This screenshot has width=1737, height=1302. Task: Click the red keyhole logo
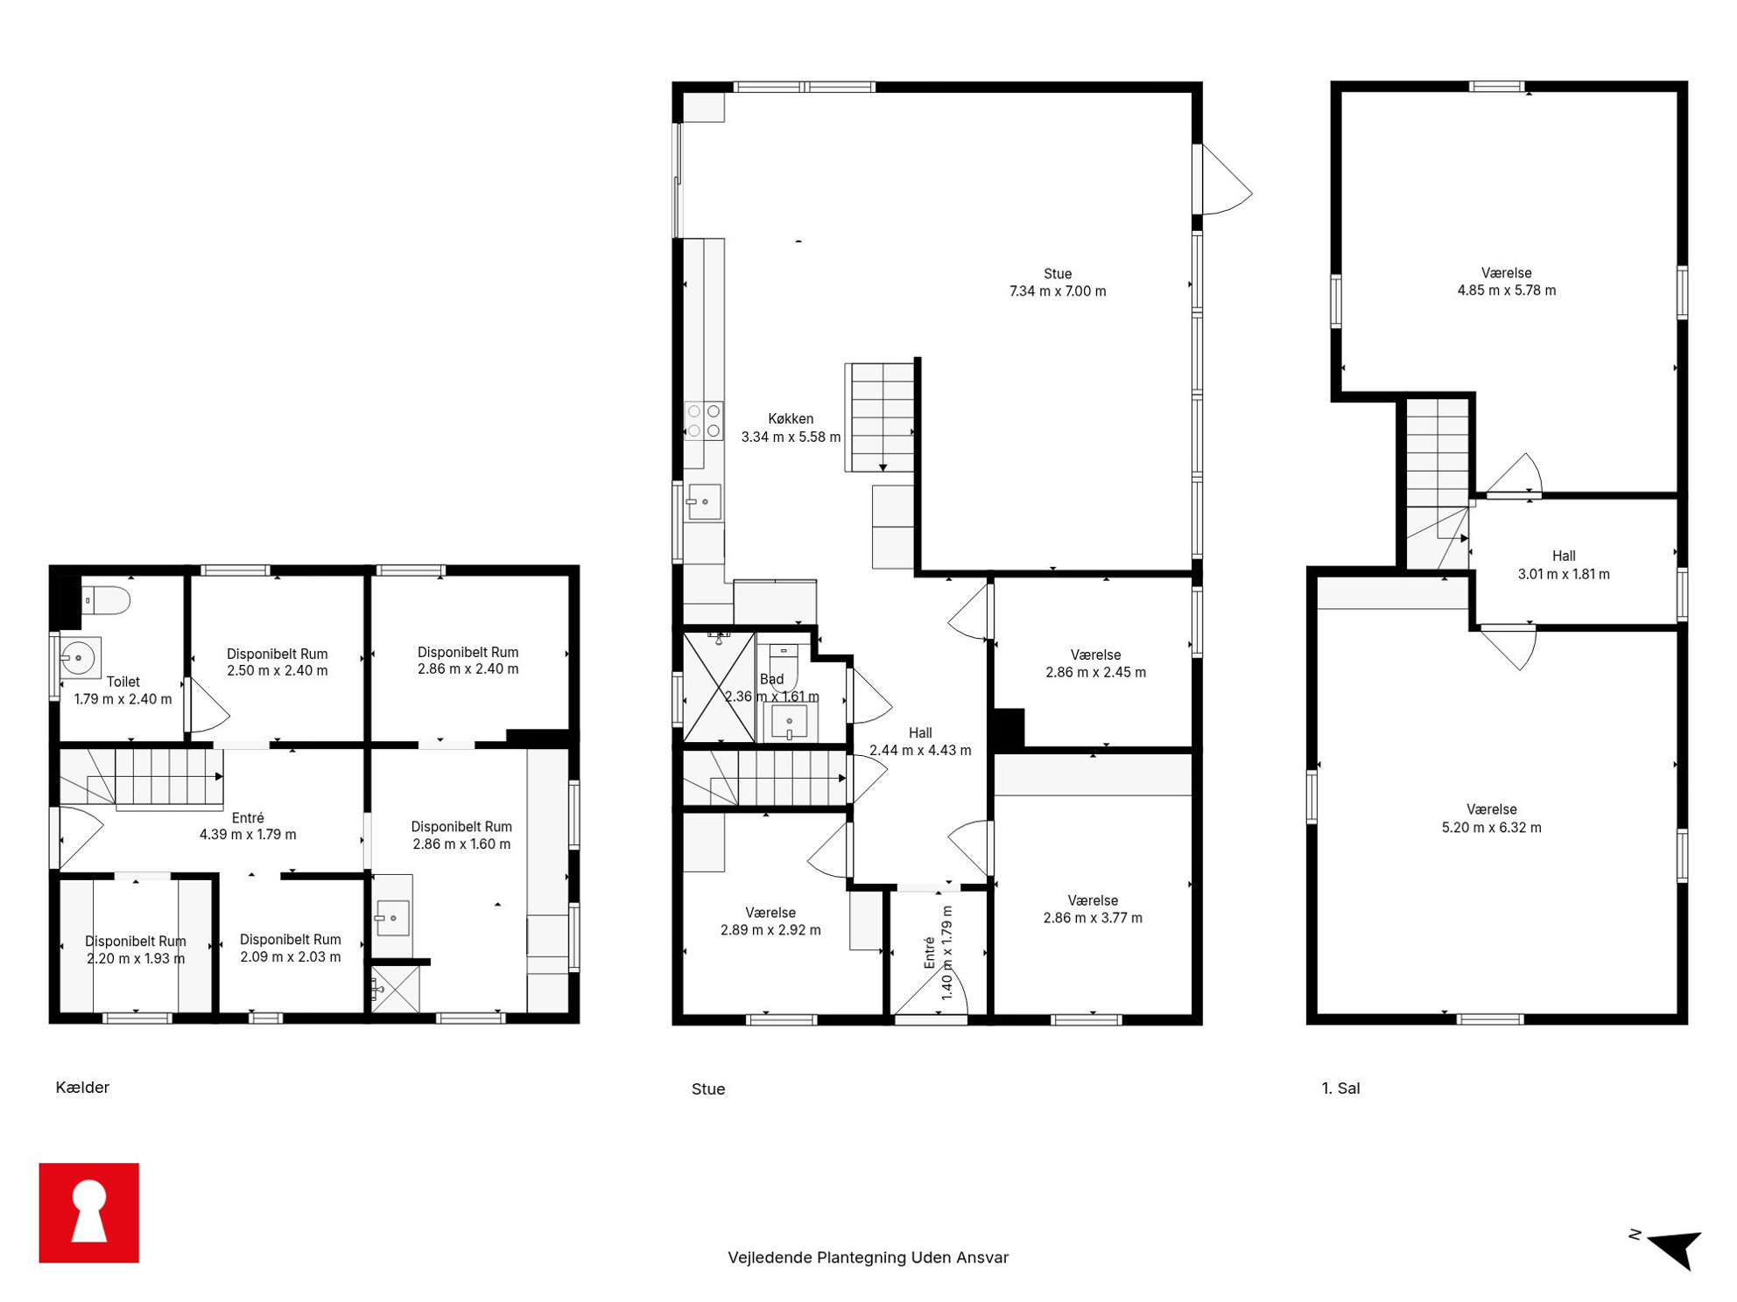(x=88, y=1212)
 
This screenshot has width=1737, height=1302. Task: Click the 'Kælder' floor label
(x=82, y=1088)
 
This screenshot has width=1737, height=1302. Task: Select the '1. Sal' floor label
(x=1340, y=1088)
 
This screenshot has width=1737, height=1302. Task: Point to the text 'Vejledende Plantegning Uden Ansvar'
(x=868, y=1257)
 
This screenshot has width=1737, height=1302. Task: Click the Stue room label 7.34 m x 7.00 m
(x=1058, y=283)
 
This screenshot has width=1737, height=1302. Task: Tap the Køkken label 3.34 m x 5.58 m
(x=791, y=428)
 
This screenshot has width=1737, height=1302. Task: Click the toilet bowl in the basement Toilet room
(x=106, y=600)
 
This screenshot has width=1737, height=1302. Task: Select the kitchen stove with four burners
(x=704, y=421)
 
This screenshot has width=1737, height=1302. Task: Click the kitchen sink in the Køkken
(x=704, y=502)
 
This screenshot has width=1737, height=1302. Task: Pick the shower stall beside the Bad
(x=719, y=688)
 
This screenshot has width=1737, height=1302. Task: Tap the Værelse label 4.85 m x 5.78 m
(x=1506, y=282)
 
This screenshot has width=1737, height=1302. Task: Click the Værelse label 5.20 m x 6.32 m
(x=1491, y=819)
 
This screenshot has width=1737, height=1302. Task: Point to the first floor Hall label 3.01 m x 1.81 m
(x=1563, y=565)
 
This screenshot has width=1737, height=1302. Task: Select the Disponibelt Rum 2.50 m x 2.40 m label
(x=277, y=662)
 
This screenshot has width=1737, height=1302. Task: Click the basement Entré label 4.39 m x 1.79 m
(x=248, y=826)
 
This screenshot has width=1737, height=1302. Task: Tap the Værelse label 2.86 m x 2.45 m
(x=1095, y=663)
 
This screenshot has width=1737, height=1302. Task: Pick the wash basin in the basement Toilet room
(x=80, y=657)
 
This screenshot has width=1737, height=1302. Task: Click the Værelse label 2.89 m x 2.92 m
(x=770, y=921)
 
